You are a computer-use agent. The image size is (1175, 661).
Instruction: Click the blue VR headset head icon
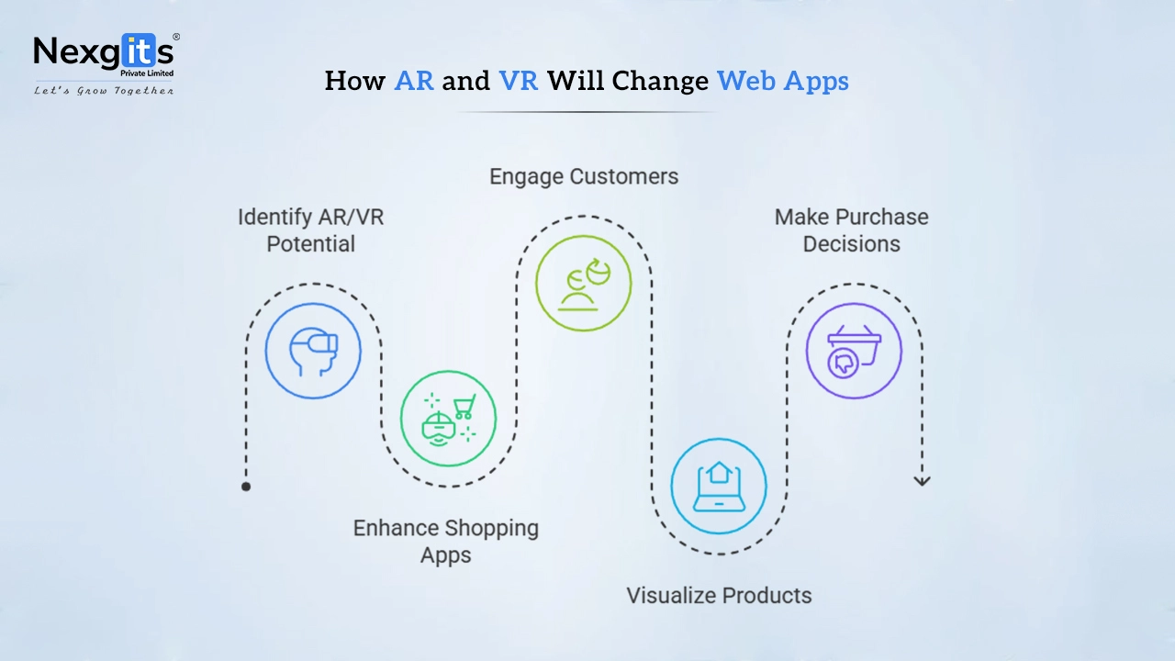[x=313, y=352]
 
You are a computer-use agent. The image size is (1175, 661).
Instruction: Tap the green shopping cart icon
[x=464, y=406]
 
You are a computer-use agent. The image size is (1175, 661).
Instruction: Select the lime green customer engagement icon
[x=584, y=284]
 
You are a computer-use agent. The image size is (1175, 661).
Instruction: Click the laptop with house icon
[x=719, y=487]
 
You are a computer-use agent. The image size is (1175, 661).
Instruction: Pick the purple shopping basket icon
[x=854, y=352]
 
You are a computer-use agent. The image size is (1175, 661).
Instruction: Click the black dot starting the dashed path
[x=246, y=487]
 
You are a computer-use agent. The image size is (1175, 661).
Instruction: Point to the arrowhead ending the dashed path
[x=923, y=480]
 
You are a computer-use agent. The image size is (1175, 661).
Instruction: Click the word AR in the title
[x=414, y=81]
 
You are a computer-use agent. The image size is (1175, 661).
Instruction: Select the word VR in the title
[x=519, y=81]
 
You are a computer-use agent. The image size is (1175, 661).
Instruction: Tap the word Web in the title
[x=746, y=81]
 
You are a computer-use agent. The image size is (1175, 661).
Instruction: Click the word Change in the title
[x=660, y=82]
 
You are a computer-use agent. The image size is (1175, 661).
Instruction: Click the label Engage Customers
[x=584, y=177]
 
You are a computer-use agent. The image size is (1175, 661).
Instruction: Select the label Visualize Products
[x=719, y=596]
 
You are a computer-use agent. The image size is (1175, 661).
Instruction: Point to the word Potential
[x=310, y=244]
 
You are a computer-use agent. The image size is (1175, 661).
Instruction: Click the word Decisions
[x=851, y=244]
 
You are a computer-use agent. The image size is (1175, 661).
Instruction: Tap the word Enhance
[x=396, y=528]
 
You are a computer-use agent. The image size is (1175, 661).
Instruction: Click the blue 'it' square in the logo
[x=139, y=50]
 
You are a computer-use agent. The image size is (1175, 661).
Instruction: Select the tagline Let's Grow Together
[x=104, y=91]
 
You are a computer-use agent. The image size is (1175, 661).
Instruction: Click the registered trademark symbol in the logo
[x=176, y=37]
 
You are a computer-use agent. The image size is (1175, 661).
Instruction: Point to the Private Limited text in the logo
[x=147, y=73]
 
